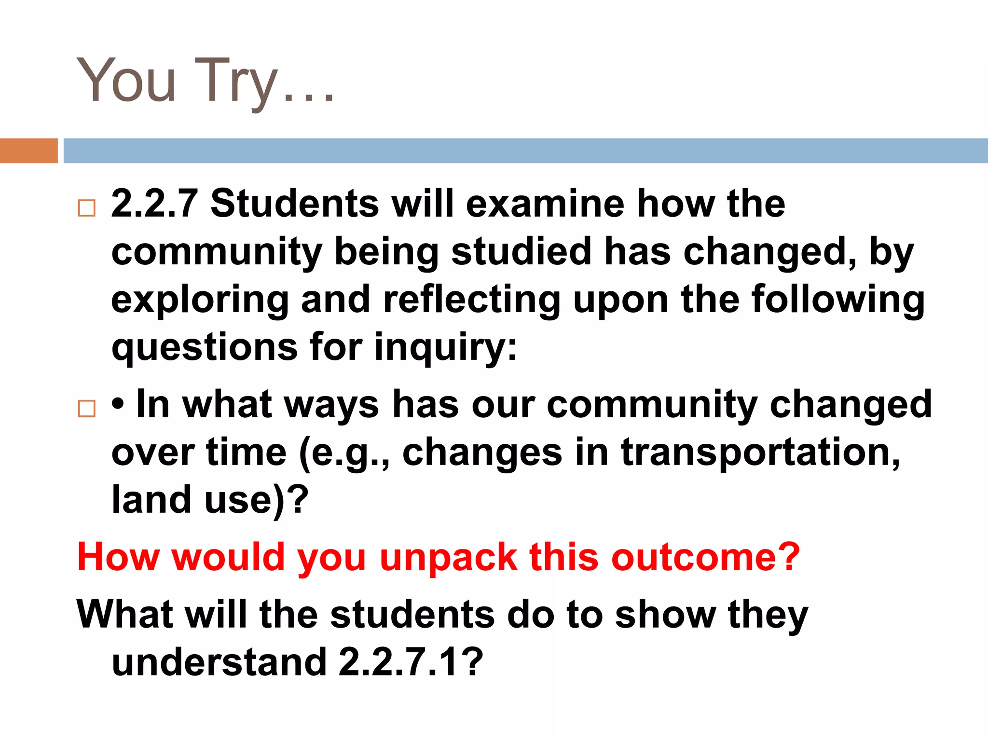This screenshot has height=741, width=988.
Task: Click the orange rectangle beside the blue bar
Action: click(28, 151)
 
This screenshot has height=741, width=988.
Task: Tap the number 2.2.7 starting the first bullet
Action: click(154, 204)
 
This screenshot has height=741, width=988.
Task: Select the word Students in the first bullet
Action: click(294, 204)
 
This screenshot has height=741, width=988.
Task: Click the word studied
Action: click(521, 251)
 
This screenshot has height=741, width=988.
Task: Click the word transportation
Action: click(760, 453)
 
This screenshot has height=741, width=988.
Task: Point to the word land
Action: click(151, 499)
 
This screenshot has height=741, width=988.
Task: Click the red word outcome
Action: click(704, 557)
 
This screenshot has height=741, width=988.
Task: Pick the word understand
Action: click(220, 662)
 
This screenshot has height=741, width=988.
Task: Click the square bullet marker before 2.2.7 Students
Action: click(87, 208)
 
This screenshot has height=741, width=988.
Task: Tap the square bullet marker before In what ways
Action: click(87, 409)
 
